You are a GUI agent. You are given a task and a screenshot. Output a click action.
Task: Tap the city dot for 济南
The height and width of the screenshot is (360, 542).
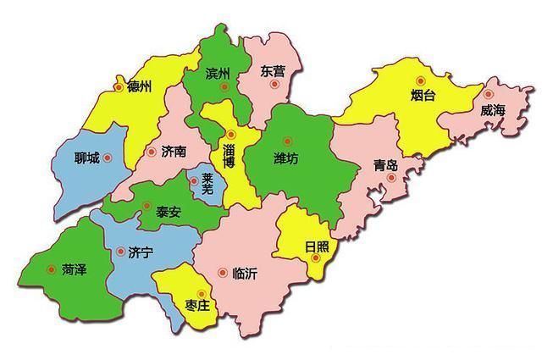click(152, 152)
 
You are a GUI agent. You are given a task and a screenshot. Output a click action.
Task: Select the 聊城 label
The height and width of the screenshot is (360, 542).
click(87, 158)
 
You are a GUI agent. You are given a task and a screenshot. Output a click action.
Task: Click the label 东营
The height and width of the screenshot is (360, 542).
click(273, 71)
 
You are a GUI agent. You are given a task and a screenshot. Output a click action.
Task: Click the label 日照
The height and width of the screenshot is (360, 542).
click(317, 247)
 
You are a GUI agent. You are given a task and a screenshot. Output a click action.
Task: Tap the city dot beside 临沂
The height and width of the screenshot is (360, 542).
click(222, 273)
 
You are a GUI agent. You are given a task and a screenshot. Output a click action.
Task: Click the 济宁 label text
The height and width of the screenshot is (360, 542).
click(140, 252)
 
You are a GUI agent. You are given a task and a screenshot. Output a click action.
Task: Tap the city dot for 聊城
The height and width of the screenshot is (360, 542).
click(107, 158)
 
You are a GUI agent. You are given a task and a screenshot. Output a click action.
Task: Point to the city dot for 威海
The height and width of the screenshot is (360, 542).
click(489, 94)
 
